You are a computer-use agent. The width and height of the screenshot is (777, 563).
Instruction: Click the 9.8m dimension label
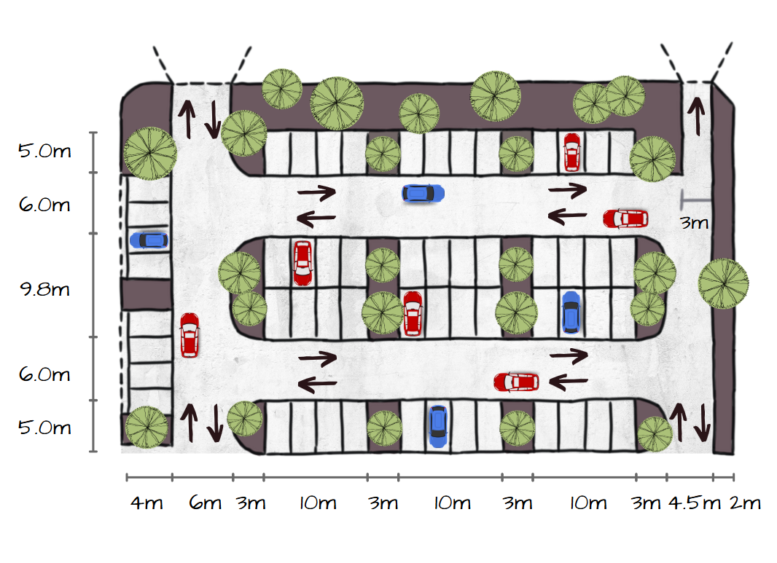pos(44,289)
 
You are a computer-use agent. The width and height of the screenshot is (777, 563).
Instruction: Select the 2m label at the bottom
pos(745,503)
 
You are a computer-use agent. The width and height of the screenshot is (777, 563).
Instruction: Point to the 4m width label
pos(149,503)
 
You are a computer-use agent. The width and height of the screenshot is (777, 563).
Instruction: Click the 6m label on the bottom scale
pos(205,503)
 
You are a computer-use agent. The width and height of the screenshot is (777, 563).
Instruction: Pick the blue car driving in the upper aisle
pos(423,193)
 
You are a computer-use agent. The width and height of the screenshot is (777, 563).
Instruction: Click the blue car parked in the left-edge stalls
pos(149,240)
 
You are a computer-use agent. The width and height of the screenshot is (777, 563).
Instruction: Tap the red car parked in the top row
pos(571,151)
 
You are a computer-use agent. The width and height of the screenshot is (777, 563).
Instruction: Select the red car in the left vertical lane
pos(190,335)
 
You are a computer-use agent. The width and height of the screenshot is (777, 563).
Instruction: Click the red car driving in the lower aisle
pos(516,382)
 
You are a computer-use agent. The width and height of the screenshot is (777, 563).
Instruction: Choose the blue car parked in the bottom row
pos(437,425)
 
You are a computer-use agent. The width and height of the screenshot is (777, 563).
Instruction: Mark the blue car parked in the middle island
pos(571,312)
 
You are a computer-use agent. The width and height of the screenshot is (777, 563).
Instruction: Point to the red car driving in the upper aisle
pos(625,218)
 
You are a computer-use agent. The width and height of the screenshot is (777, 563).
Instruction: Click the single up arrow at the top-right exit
pos(698,116)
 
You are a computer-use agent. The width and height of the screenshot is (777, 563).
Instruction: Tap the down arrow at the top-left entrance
pos(213,119)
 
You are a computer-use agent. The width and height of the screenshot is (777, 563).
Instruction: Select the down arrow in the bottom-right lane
pos(703,422)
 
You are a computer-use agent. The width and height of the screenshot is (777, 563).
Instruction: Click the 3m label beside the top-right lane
pos(694,223)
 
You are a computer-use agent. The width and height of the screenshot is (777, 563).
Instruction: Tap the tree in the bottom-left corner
pos(147,427)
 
